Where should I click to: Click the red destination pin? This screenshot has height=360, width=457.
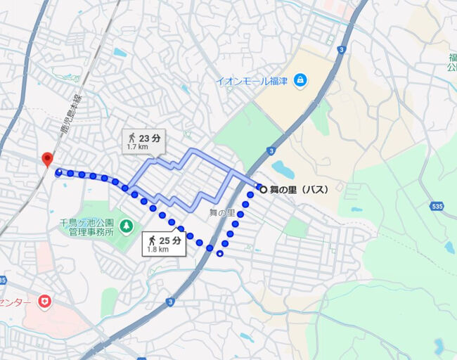[47, 159]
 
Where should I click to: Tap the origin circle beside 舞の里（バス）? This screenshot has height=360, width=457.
[263, 189]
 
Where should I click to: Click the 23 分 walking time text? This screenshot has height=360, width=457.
[150, 138]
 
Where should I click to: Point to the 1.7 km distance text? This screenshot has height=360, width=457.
[138, 148]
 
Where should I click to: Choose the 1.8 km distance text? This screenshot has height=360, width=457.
[158, 250]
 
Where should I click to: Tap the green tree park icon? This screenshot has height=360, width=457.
[126, 226]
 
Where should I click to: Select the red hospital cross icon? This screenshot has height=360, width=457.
[46, 302]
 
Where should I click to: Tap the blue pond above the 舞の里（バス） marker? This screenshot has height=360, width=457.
[282, 169]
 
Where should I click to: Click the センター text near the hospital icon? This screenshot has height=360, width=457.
[15, 302]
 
